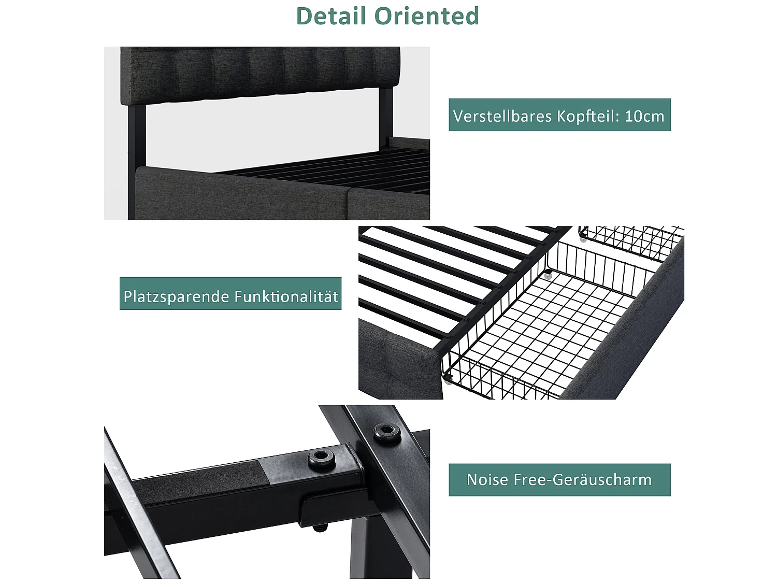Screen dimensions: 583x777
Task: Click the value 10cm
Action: tap(644, 116)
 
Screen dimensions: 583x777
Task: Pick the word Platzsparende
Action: tap(176, 296)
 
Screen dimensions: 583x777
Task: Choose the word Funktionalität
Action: tap(286, 296)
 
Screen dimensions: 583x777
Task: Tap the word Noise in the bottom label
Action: tap(487, 480)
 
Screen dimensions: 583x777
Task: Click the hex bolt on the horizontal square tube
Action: tap(321, 458)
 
